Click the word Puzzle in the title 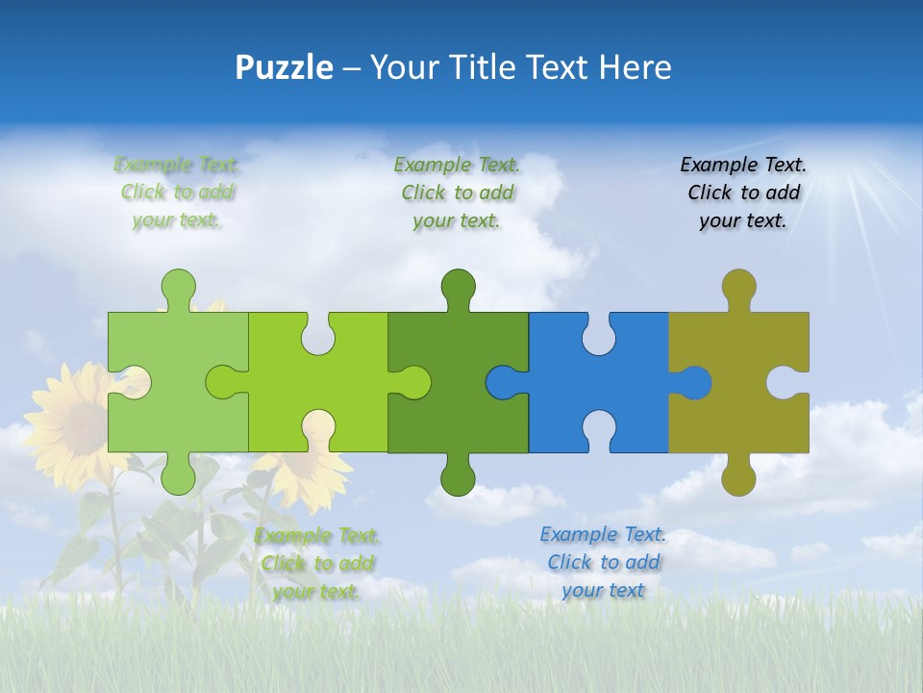click(285, 67)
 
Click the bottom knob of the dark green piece click(458, 476)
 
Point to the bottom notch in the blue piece click(598, 430)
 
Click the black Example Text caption click(742, 192)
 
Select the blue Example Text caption click(603, 562)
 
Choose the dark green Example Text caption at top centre click(457, 192)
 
